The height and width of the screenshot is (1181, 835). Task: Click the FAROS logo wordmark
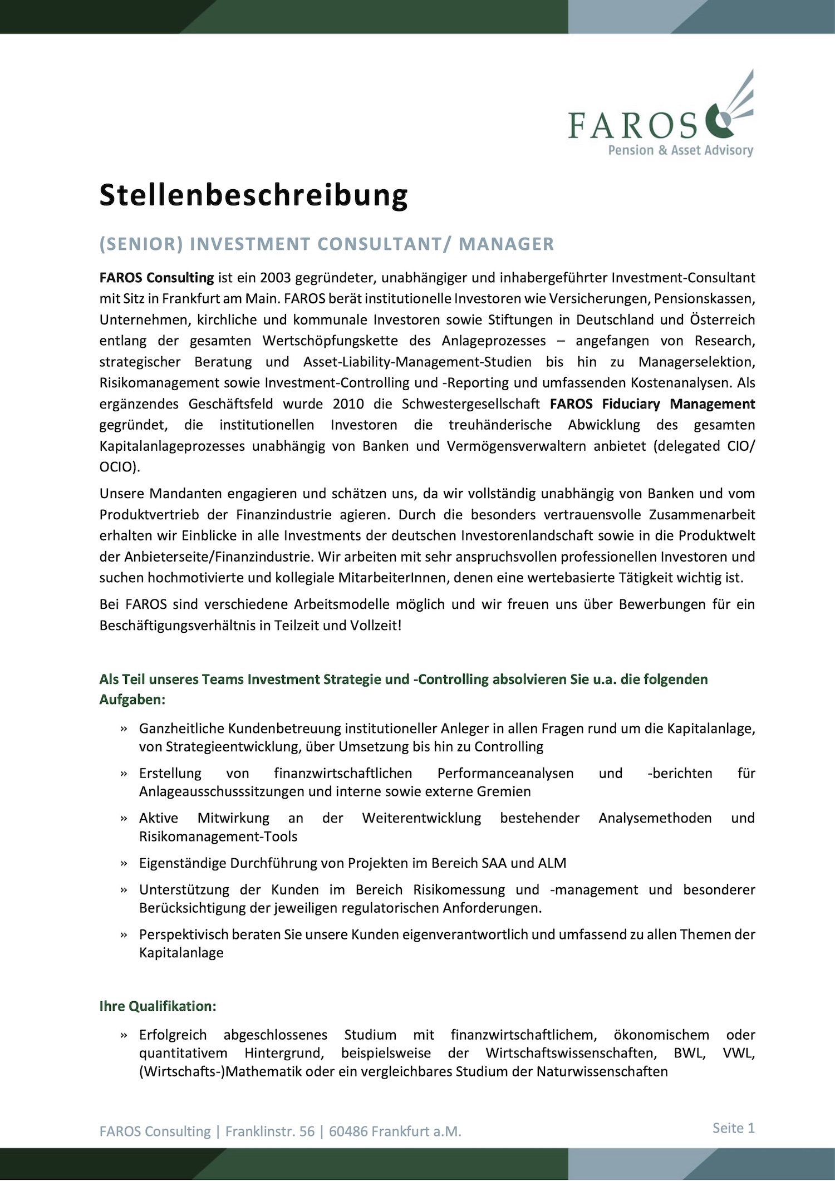(x=632, y=125)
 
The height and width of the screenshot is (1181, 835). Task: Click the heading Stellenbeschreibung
(x=253, y=195)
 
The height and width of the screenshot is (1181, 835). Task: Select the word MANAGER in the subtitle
(x=506, y=244)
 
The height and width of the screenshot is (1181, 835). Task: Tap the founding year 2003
(x=275, y=278)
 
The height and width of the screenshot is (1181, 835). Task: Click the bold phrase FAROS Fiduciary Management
(x=652, y=404)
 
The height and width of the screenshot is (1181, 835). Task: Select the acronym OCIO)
(x=120, y=467)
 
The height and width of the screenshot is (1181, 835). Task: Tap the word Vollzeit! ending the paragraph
(x=376, y=626)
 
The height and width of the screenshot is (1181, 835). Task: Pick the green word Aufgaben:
(x=132, y=700)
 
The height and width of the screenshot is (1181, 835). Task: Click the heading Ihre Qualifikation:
(x=158, y=1006)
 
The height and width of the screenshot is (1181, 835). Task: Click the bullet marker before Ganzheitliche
(x=124, y=729)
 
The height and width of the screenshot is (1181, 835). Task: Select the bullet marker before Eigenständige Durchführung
(x=124, y=864)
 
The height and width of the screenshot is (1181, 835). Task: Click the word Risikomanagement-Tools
(x=218, y=836)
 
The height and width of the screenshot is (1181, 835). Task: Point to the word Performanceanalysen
(x=505, y=774)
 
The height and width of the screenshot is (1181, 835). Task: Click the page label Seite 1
(x=733, y=1128)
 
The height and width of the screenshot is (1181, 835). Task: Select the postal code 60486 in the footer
(x=348, y=1131)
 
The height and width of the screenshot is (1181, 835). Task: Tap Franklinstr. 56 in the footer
(x=269, y=1131)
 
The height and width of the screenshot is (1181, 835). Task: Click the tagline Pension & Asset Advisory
(x=680, y=150)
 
